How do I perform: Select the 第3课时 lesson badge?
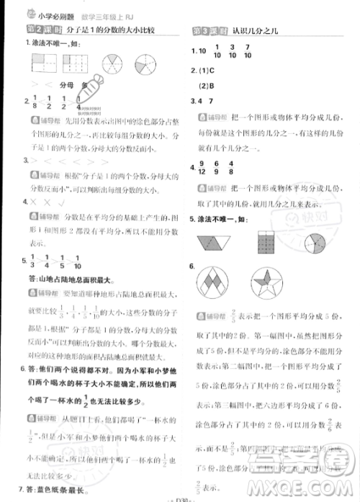click(208, 30)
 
